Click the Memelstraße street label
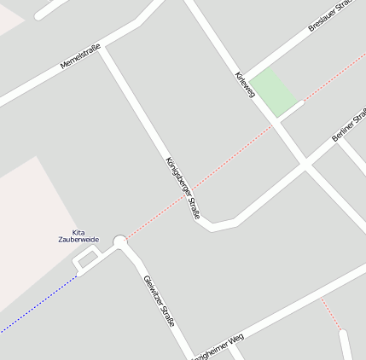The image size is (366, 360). coord(81,57)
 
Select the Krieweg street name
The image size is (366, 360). coord(245,84)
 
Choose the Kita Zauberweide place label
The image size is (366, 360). coord(78,236)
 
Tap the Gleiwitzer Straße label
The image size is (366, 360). coord(160,300)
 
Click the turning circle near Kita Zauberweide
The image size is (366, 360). coord(120,241)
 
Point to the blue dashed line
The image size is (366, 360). coord(38,305)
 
